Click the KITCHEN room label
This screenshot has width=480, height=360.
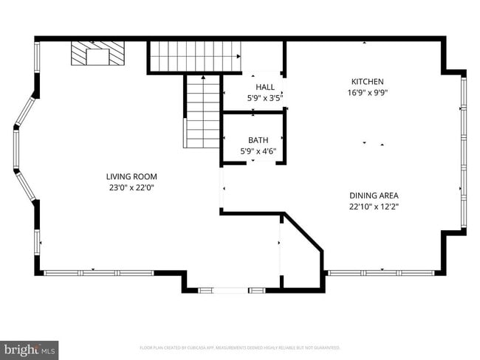(367, 81)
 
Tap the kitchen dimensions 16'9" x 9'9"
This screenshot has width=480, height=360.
(367, 93)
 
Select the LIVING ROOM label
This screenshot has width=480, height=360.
(131, 176)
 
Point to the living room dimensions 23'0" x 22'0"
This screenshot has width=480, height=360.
(131, 187)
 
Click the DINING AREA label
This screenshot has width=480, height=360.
(374, 195)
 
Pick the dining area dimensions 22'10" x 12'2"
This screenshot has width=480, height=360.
(374, 207)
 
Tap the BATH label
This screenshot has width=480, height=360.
(258, 139)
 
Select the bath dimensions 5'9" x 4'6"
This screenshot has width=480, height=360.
(258, 150)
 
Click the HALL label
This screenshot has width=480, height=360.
(264, 87)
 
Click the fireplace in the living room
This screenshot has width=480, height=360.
(98, 54)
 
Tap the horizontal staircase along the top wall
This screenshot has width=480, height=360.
(195, 56)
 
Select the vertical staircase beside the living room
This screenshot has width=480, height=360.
(202, 112)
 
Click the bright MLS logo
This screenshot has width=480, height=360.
(30, 349)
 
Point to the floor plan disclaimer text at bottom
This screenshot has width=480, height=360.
(239, 347)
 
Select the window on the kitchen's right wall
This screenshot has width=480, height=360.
(463, 151)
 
